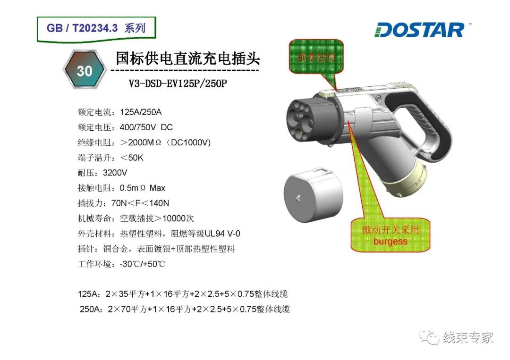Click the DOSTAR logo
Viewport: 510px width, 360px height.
(x=420, y=30)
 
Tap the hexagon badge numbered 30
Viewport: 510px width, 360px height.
(x=85, y=70)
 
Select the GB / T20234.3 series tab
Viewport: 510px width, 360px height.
(x=96, y=28)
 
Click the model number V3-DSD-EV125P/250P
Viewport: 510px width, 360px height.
(x=178, y=84)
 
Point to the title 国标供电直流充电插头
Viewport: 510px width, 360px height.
(x=187, y=59)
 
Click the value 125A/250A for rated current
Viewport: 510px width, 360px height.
(x=141, y=112)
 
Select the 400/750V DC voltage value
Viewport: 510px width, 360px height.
(x=146, y=127)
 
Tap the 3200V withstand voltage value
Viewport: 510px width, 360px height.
(x=115, y=173)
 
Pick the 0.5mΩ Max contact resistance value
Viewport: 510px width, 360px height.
(x=142, y=188)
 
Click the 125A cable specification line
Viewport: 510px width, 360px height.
(x=183, y=294)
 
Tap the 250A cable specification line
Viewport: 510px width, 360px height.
(x=184, y=310)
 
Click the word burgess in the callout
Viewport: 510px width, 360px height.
(x=390, y=242)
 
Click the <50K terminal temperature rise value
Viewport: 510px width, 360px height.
(x=132, y=158)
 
